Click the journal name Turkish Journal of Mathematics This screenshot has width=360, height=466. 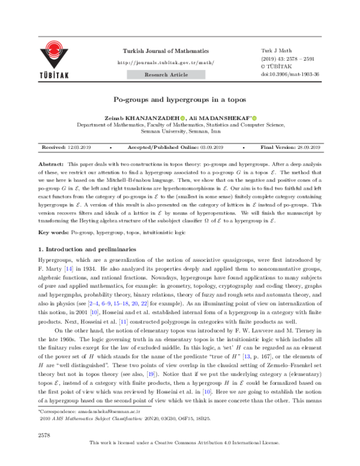click(x=166, y=52)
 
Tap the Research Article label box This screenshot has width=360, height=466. click(x=166, y=75)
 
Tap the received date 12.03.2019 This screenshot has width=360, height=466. click(x=79, y=147)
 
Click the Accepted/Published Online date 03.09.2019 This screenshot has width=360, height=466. click(x=211, y=147)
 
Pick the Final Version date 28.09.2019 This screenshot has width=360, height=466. click(x=307, y=147)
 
